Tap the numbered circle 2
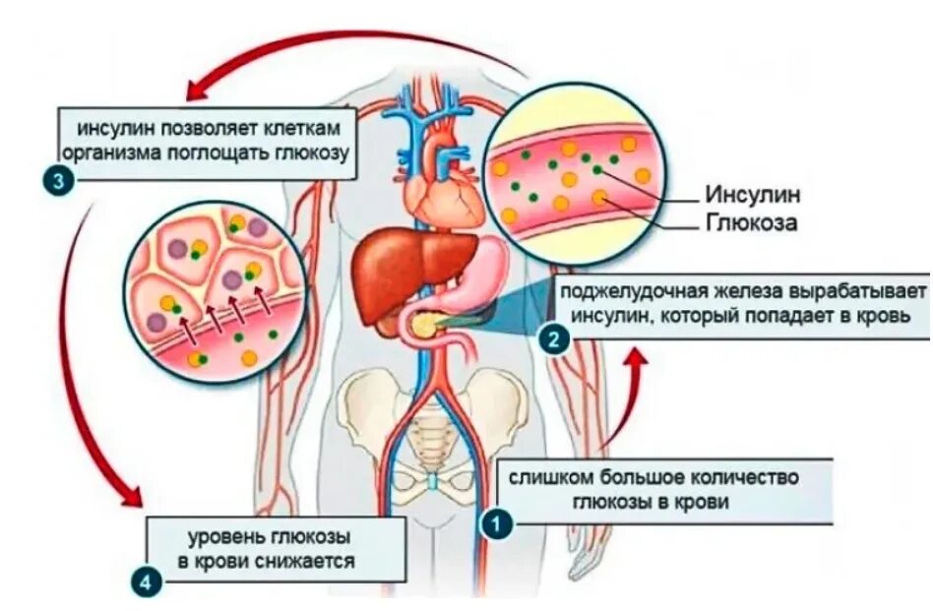pos(553,339)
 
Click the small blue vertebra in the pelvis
pos(434,484)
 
